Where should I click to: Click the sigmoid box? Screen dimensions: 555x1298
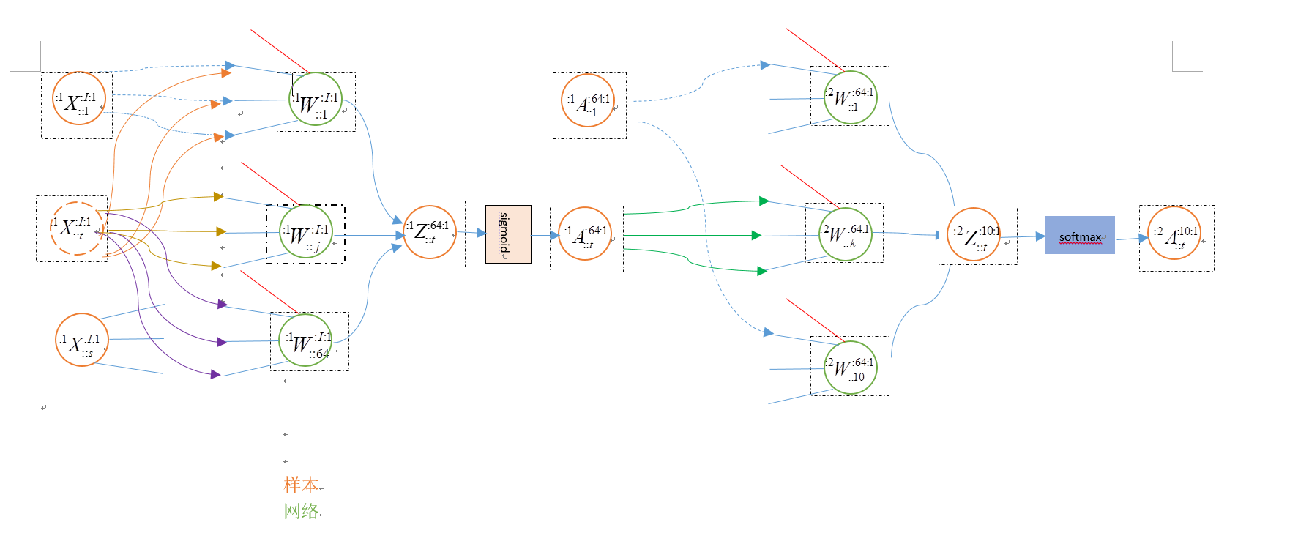[x=508, y=234]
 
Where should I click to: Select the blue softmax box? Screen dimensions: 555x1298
[x=1080, y=235]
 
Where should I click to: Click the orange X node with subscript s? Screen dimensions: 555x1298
[x=82, y=340]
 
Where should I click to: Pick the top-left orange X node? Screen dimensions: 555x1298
[x=79, y=98]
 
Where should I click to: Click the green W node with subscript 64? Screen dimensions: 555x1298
[x=305, y=340]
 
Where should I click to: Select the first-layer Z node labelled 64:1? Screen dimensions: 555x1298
[x=430, y=232]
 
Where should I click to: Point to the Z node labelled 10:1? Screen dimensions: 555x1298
[x=974, y=234]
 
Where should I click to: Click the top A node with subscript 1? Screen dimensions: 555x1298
[x=588, y=100]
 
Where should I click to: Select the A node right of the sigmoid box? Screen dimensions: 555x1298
[x=585, y=234]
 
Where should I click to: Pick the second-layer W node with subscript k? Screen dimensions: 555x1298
[x=846, y=234]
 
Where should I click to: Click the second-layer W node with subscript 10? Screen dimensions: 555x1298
[x=850, y=367]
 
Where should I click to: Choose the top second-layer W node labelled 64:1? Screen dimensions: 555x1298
[x=850, y=97]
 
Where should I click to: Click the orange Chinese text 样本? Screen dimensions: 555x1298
[x=301, y=485]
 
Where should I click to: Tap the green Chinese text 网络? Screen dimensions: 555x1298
[x=301, y=511]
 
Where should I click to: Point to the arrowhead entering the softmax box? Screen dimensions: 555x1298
[x=1040, y=236]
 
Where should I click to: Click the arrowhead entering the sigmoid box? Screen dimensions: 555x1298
[x=481, y=233]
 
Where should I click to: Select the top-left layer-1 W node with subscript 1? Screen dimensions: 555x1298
[x=316, y=99]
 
